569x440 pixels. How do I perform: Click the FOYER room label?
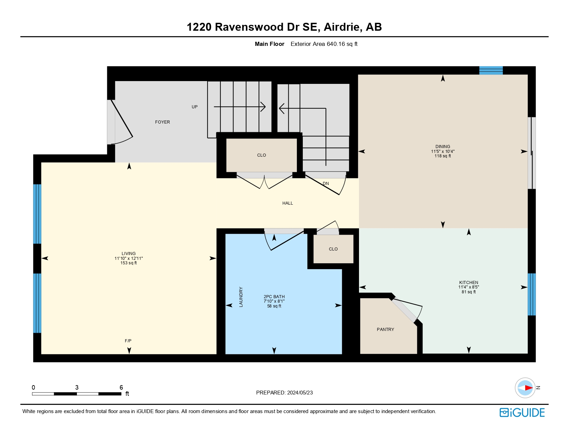(162, 122)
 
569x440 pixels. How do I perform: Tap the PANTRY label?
(385, 330)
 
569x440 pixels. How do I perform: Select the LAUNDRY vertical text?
(241, 297)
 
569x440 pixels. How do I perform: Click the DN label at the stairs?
(326, 184)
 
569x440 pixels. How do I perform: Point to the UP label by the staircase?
(194, 107)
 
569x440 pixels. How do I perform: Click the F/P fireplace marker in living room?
(128, 341)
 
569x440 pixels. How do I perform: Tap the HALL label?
(287, 203)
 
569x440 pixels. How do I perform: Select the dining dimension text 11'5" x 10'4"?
(442, 151)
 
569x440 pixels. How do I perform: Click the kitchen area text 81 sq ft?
(468, 292)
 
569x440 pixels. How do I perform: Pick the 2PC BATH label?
(274, 297)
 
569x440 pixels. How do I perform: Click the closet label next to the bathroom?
(333, 249)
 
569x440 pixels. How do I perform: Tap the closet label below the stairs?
(261, 155)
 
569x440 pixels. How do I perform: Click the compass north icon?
(525, 388)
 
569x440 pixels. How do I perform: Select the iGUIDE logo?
(522, 413)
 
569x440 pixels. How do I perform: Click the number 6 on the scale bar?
(121, 388)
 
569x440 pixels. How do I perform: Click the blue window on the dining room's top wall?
(491, 70)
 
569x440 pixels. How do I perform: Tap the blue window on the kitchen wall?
(531, 294)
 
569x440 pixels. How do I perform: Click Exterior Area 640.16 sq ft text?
(324, 44)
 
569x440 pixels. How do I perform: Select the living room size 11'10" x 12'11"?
(128, 258)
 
